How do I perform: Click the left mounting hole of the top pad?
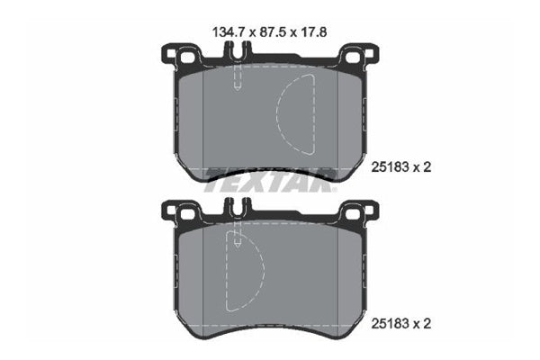[185, 59]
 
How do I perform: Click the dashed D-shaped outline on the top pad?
[294, 112]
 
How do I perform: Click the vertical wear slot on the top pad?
[235, 76]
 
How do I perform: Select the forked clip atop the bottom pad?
[235, 211]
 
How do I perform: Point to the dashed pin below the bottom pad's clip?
[236, 239]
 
